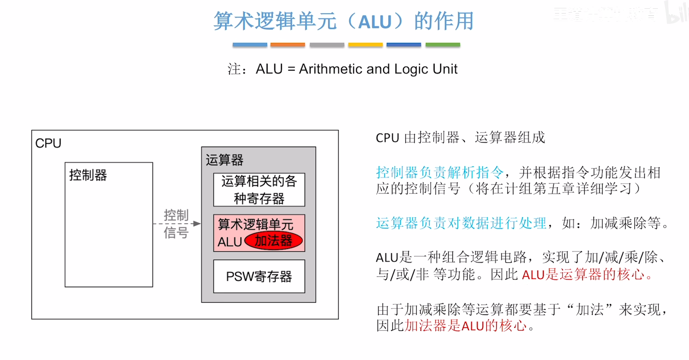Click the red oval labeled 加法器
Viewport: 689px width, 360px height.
click(273, 241)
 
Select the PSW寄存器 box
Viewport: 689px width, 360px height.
click(259, 276)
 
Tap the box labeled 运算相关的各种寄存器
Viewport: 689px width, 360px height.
click(259, 190)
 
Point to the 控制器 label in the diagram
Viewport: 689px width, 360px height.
click(88, 175)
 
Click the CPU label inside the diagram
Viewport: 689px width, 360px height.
click(48, 143)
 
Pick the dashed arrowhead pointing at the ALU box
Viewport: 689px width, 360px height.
click(196, 224)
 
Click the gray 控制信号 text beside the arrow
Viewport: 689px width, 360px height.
click(176, 224)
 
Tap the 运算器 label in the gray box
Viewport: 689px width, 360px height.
click(224, 160)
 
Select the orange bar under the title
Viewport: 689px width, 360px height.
click(288, 45)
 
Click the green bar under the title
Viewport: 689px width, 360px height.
click(442, 45)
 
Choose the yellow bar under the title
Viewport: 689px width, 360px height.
click(365, 45)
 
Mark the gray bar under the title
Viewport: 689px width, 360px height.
click(327, 45)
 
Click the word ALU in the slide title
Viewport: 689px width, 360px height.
click(375, 22)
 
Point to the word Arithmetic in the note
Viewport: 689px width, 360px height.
click(331, 69)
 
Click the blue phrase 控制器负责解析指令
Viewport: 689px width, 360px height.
click(440, 172)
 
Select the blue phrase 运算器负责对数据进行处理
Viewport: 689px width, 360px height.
click(461, 223)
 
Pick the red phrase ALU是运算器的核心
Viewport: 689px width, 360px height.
click(583, 274)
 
